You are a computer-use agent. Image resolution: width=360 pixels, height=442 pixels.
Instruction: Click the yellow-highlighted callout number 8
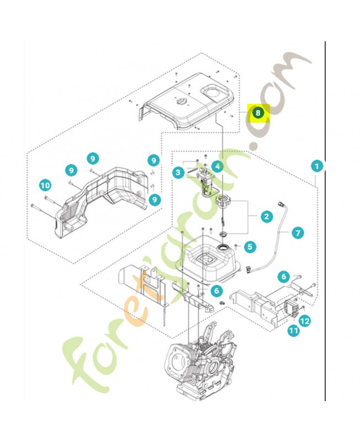click(258, 113)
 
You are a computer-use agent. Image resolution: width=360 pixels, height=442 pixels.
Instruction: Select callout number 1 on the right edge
click(316, 165)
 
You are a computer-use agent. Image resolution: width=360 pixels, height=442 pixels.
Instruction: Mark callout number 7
click(298, 233)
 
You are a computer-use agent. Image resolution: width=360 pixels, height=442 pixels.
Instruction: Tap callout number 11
click(293, 330)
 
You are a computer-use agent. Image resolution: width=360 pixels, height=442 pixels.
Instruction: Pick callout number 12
click(304, 320)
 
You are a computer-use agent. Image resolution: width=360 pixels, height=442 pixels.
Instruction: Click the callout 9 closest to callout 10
click(70, 170)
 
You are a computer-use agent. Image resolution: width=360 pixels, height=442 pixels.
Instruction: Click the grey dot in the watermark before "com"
click(255, 146)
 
